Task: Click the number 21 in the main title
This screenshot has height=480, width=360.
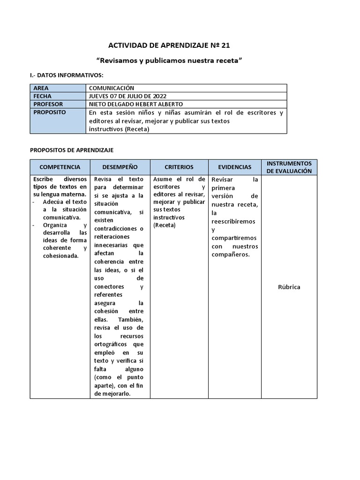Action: coord(225,45)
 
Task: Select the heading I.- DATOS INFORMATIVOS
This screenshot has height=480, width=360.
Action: coord(67,75)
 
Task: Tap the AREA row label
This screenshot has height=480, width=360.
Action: coord(41,88)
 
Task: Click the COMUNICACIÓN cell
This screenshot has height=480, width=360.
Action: coord(112,88)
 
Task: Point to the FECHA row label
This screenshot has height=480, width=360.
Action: coord(42,96)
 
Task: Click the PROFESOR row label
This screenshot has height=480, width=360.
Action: coord(48,104)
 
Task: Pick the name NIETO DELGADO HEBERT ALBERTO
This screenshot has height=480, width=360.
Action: coord(135,104)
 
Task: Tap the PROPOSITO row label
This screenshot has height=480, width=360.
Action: coord(50,112)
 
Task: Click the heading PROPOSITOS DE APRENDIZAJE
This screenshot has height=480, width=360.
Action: coord(72,150)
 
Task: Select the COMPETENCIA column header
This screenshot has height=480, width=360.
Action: coord(60,167)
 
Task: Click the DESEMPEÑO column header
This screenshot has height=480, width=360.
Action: coord(120,167)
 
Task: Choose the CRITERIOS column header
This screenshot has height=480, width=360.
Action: coord(179,167)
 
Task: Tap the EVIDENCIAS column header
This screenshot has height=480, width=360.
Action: coord(234,167)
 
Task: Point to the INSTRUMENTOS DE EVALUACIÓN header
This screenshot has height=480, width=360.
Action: coord(289,167)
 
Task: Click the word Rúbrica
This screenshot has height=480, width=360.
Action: coord(289,287)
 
